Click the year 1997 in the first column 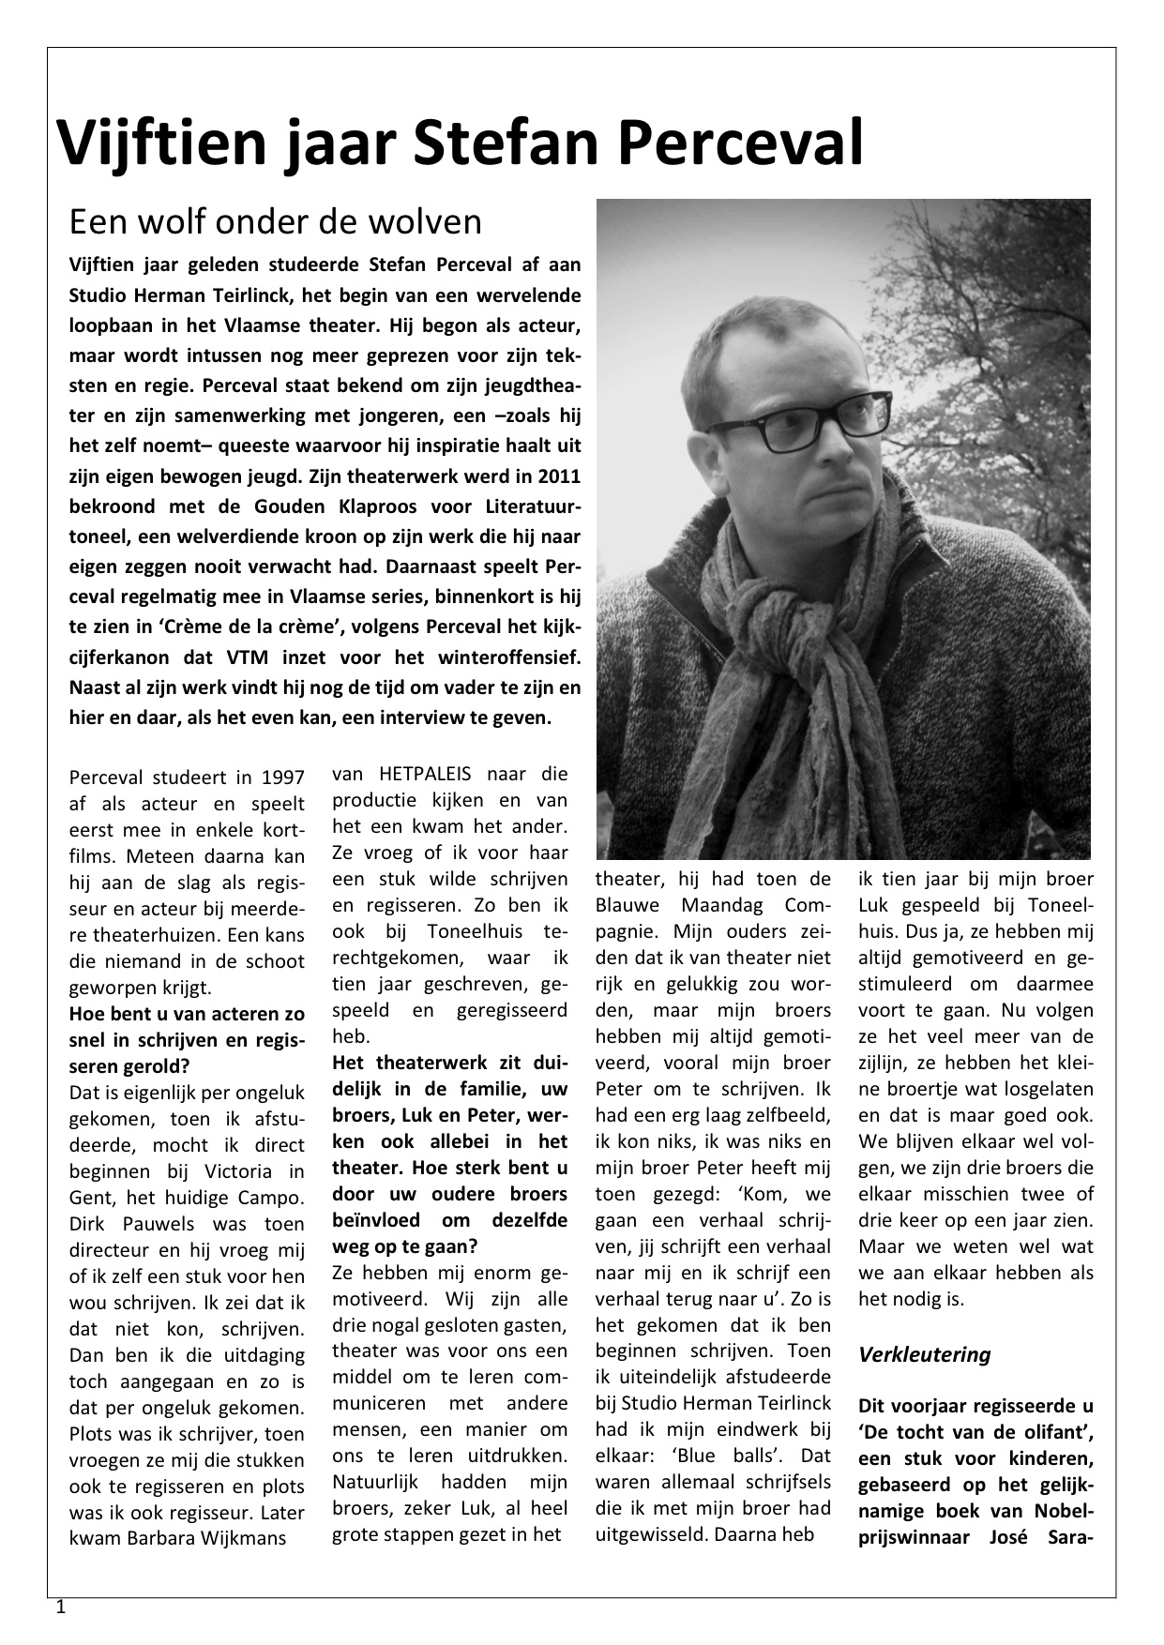pyautogui.click(x=282, y=777)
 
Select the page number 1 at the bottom pyautogui.click(x=61, y=1607)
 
